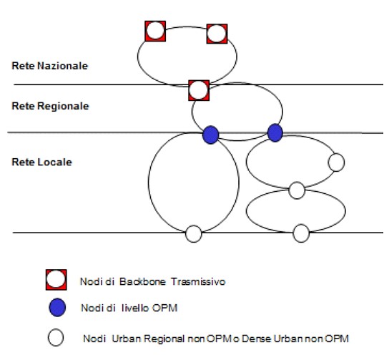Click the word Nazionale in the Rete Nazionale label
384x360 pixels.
pyautogui.click(x=63, y=66)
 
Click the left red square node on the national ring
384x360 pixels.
pyautogui.click(x=155, y=31)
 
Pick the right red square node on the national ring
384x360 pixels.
pyautogui.click(x=217, y=34)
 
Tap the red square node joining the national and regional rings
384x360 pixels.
pyautogui.click(x=199, y=90)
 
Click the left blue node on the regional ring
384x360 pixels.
pyautogui.click(x=211, y=135)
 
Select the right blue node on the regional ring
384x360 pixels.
pyautogui.click(x=275, y=133)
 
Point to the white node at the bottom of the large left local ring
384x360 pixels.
pyautogui.click(x=194, y=234)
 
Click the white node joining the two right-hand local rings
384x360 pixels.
pyautogui.click(x=297, y=190)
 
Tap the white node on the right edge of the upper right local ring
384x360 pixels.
pyautogui.click(x=336, y=162)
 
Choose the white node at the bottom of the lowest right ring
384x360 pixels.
pyautogui.click(x=301, y=233)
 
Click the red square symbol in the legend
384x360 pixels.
pyautogui.click(x=56, y=280)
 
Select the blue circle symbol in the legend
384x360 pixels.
pyautogui.click(x=57, y=308)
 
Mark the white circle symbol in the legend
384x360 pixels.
pyautogui.click(x=56, y=337)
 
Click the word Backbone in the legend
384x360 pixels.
pyautogui.click(x=142, y=281)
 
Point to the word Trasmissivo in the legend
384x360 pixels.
pyautogui.click(x=198, y=281)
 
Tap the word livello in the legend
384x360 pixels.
pyautogui.click(x=135, y=308)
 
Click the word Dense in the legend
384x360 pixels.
pyautogui.click(x=257, y=339)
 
